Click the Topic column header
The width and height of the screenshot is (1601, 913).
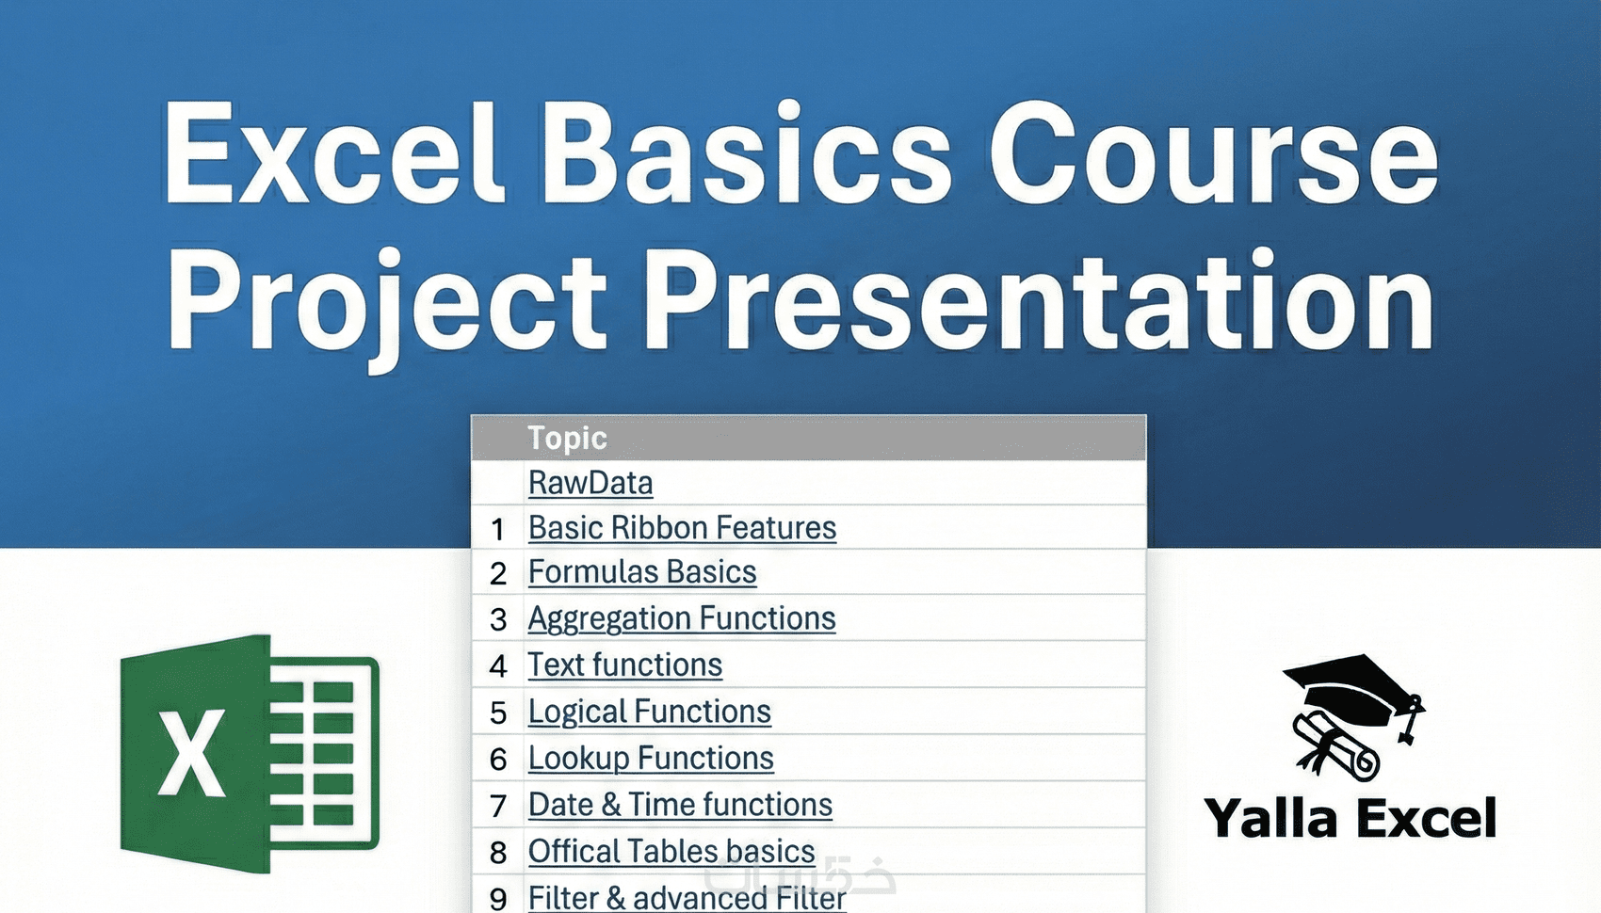[568, 438]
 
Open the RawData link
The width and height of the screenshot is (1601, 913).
[590, 483]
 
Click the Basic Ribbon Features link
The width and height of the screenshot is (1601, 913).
[682, 528]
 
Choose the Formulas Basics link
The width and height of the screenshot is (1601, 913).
[642, 572]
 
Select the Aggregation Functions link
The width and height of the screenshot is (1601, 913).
[682, 618]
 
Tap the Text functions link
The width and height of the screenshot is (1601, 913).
[624, 665]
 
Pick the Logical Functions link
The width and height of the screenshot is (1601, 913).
[650, 712]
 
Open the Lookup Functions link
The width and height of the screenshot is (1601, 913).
[651, 758]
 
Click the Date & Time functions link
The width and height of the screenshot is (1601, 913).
[680, 805]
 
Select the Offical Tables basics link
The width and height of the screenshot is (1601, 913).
[671, 852]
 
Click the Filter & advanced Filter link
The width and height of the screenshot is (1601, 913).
[687, 898]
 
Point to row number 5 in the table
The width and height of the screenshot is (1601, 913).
[498, 713]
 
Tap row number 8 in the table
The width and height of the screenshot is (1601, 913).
[498, 852]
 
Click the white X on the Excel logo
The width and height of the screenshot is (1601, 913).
[191, 753]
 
